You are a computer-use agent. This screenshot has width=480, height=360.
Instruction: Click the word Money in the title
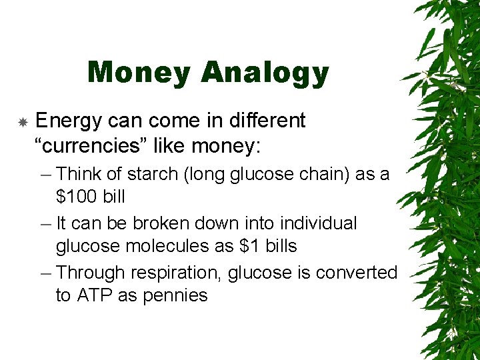(x=138, y=73)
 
